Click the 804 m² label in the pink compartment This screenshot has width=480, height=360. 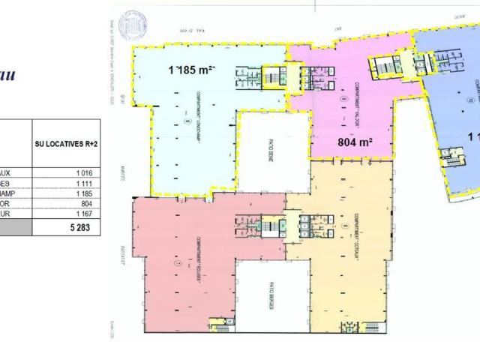[355, 141]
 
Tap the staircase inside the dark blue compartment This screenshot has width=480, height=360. [454, 161]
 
